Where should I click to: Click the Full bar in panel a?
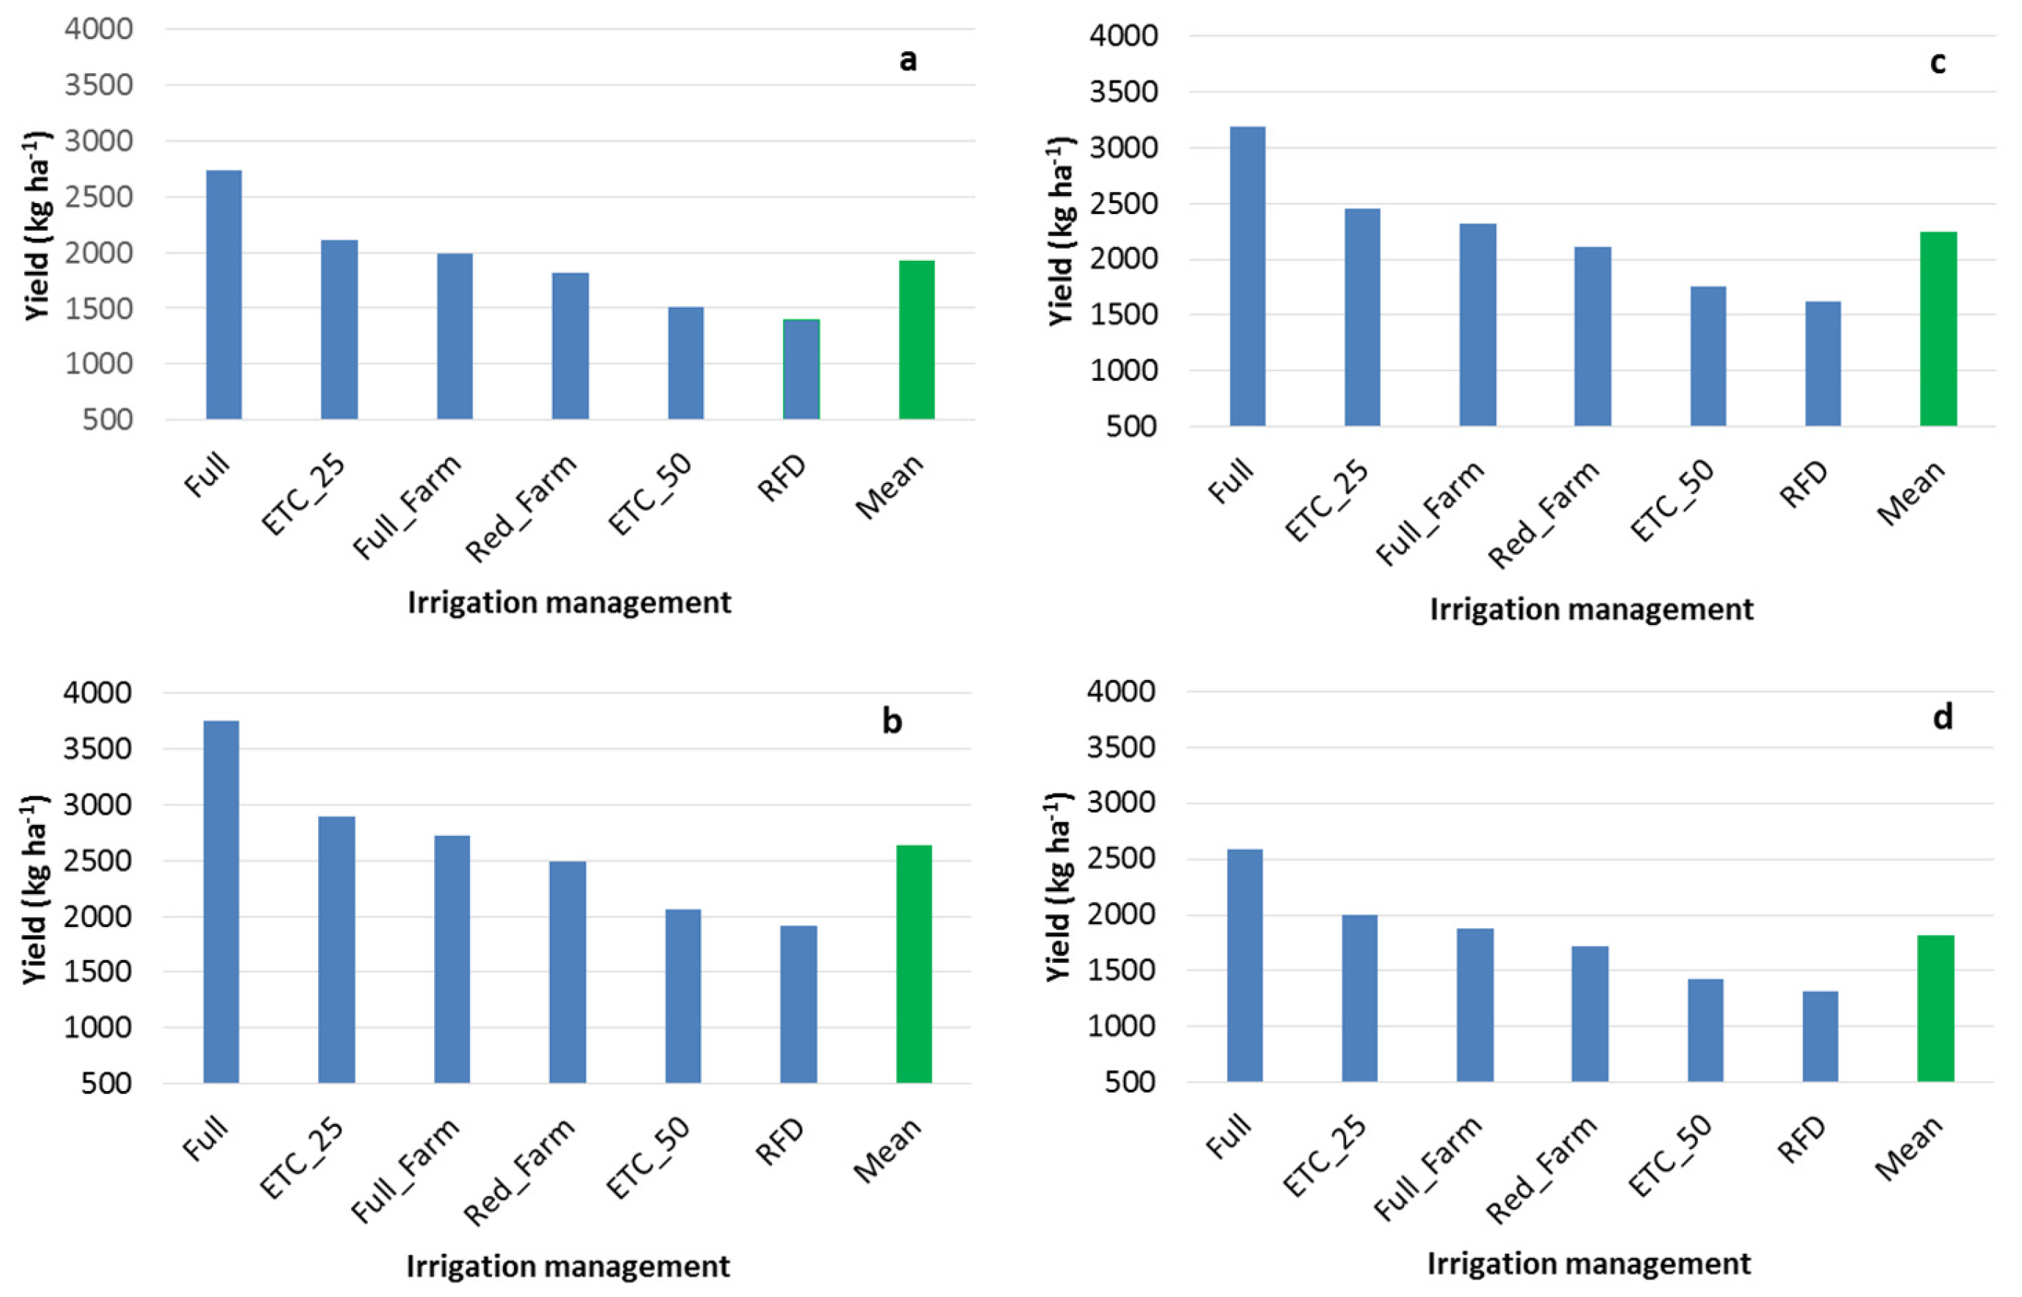pyautogui.click(x=224, y=295)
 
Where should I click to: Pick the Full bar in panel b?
pyautogui.click(x=221, y=901)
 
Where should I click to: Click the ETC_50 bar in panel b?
pyautogui.click(x=683, y=996)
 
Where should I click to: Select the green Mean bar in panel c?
pyautogui.click(x=1938, y=328)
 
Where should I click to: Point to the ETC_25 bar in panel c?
pyautogui.click(x=1362, y=317)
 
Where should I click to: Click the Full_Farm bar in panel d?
pyautogui.click(x=1474, y=1005)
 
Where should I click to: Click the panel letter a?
pyautogui.click(x=908, y=60)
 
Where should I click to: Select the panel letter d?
pyautogui.click(x=1942, y=717)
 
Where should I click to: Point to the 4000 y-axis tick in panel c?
pyautogui.click(x=1123, y=35)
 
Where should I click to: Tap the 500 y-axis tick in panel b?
pyautogui.click(x=106, y=1083)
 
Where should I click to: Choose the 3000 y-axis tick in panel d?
pyautogui.click(x=1120, y=802)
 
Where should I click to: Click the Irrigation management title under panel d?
pyautogui.click(x=1589, y=1263)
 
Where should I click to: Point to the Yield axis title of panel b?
pyautogui.click(x=35, y=889)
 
